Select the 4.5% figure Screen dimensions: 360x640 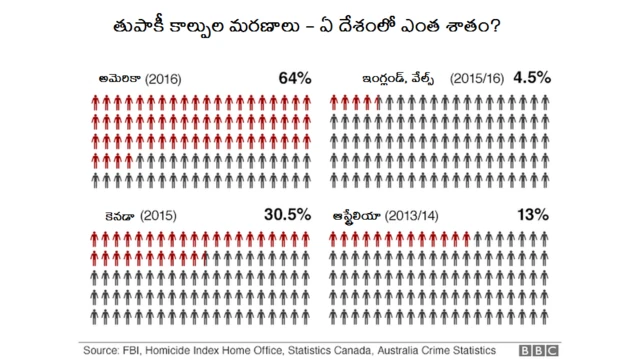click(530, 77)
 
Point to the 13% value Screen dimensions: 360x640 click(532, 215)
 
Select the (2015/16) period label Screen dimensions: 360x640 click(472, 78)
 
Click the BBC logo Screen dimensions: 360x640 click(538, 350)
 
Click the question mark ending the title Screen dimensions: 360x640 click(524, 22)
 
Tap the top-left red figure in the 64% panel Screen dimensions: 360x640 click(93, 101)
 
